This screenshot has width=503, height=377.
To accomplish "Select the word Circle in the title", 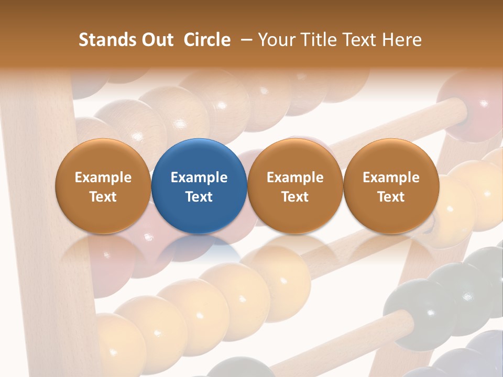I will click(207, 40).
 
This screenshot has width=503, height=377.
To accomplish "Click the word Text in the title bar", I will click(358, 40).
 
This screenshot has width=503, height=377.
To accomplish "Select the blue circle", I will click(199, 186).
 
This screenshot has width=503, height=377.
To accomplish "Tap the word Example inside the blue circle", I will click(199, 178).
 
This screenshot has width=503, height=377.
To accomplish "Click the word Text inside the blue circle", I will click(199, 197).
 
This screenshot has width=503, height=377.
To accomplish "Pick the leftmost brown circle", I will click(103, 186).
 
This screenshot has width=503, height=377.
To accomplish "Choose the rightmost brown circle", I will click(391, 186).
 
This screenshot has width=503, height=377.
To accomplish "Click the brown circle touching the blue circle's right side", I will click(295, 186).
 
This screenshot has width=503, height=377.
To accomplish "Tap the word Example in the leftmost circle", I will click(103, 178).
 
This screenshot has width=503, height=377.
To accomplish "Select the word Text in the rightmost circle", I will click(391, 197).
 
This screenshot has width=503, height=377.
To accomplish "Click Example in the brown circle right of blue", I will click(295, 178).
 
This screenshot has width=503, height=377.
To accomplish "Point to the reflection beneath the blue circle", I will click(199, 249).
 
